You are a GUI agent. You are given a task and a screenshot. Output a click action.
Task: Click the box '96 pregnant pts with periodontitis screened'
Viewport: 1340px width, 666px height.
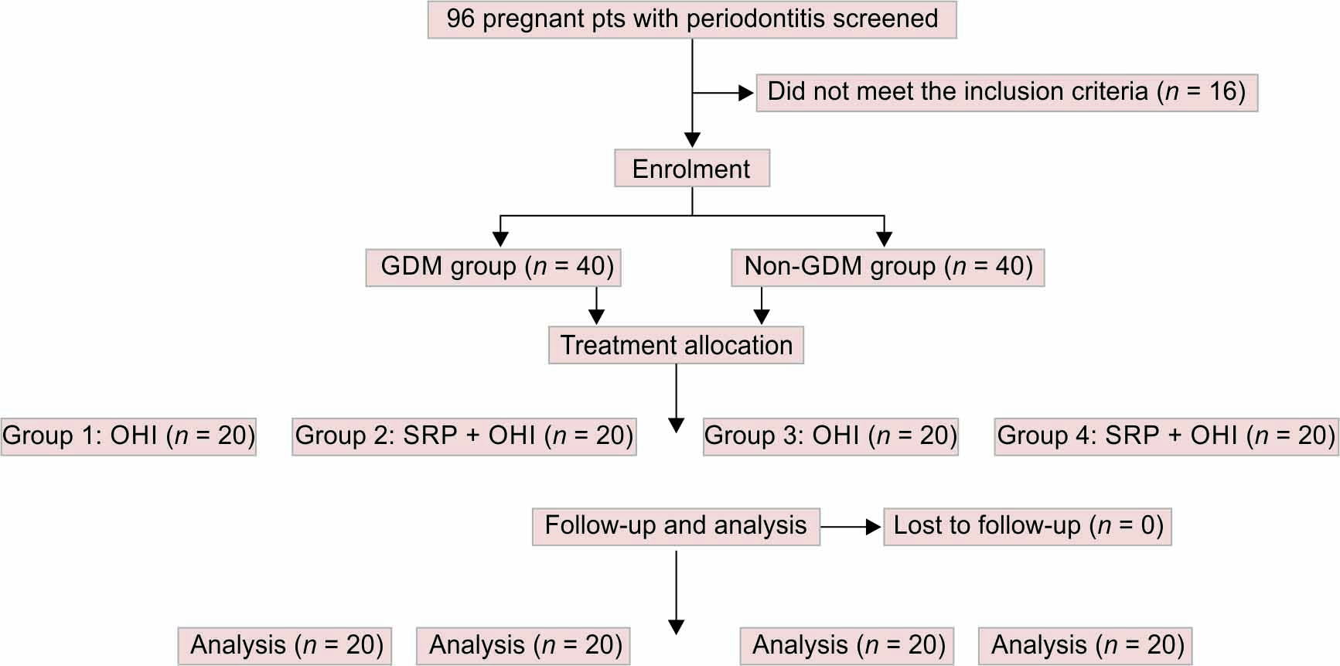click(x=692, y=19)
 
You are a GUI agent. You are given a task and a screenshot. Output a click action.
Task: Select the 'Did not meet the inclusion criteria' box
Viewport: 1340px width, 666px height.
click(x=1006, y=92)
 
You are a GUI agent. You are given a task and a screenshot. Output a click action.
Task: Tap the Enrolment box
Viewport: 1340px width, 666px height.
click(x=691, y=169)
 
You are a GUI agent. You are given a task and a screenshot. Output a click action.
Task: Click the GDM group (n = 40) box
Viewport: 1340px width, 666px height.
click(x=493, y=267)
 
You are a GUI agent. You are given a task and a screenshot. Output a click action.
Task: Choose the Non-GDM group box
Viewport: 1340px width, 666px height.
click(x=888, y=267)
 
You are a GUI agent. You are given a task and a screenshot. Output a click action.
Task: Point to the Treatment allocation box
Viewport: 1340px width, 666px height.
click(x=676, y=345)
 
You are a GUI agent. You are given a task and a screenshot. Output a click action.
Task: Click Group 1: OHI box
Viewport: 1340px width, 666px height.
click(x=128, y=435)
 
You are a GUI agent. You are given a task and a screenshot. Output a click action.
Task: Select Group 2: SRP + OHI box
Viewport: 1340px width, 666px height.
click(x=464, y=435)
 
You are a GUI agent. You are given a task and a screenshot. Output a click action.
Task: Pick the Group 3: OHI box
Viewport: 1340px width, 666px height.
click(x=830, y=435)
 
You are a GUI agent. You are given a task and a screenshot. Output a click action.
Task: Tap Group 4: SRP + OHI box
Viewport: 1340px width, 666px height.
click(x=1166, y=435)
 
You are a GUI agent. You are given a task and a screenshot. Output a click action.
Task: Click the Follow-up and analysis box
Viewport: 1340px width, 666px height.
click(x=676, y=526)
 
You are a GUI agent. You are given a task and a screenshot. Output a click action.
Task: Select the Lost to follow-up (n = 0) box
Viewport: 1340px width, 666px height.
click(x=1028, y=526)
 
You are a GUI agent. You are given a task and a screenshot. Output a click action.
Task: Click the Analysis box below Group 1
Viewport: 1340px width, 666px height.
click(x=285, y=645)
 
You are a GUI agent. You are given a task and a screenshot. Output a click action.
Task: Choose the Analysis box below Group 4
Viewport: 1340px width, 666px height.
click(x=1086, y=645)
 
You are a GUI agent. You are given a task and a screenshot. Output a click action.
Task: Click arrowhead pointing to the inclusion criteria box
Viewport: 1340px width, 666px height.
click(x=746, y=93)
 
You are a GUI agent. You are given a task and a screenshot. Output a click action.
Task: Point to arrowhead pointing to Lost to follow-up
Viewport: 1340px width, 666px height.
click(x=874, y=527)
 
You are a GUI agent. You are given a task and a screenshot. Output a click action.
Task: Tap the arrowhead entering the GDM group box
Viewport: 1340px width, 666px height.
click(x=500, y=239)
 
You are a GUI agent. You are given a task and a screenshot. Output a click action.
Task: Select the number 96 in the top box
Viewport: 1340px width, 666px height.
click(x=460, y=19)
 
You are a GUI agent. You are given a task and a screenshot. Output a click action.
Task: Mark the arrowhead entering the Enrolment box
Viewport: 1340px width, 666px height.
click(x=692, y=140)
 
